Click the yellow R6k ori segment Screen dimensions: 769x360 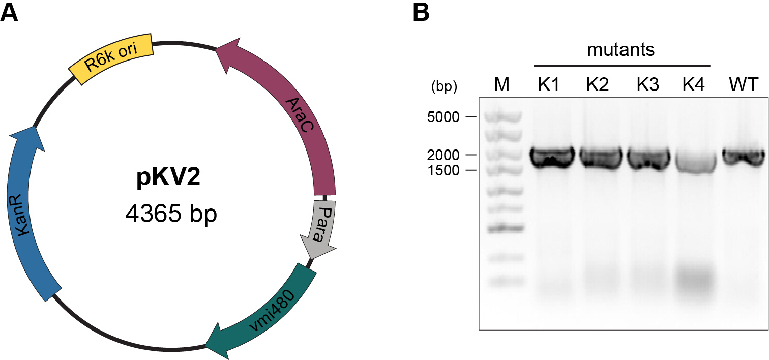(x=111, y=58)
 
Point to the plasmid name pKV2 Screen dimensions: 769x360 (x=168, y=177)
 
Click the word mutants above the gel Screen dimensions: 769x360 (x=620, y=50)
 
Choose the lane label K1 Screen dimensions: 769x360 (x=549, y=84)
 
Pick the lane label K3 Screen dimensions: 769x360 (x=648, y=84)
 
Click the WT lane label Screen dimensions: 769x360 (x=744, y=84)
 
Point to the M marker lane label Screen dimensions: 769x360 (x=501, y=84)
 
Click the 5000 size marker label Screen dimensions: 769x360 (x=443, y=117)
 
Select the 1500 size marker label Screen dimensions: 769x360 (x=443, y=170)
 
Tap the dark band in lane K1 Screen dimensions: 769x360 (x=552, y=157)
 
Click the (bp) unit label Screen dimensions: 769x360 (x=444, y=86)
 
